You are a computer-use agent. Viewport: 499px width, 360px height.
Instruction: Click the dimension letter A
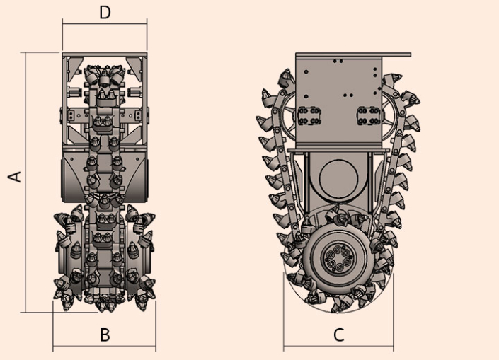click(15, 177)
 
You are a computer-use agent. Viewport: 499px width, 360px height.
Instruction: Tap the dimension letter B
click(105, 335)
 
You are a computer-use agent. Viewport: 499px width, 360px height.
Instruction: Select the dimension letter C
click(339, 335)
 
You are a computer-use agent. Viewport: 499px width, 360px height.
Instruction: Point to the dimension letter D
click(105, 13)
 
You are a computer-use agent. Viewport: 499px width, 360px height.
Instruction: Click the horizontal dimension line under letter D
click(105, 23)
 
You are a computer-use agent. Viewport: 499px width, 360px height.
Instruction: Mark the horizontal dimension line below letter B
click(104, 346)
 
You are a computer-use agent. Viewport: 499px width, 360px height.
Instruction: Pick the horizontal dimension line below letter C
click(338, 346)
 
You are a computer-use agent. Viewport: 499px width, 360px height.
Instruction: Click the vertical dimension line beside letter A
click(25, 182)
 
